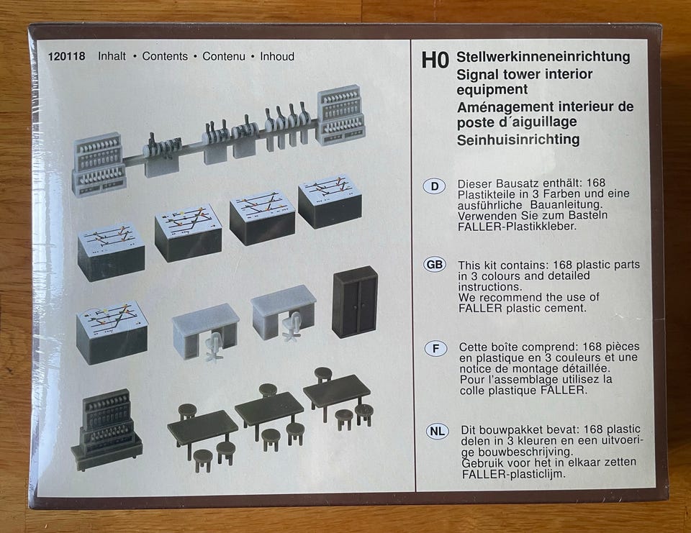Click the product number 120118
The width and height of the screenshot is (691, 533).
pos(67,56)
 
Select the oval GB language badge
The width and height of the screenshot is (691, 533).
pos(435,264)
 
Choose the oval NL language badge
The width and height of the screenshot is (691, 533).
pos(437,432)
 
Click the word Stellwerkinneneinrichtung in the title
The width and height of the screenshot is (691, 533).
pos(543,57)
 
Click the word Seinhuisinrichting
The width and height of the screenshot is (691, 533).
pos(518,140)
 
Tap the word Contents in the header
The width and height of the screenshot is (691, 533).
pos(165,56)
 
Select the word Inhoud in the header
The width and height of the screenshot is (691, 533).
pos(277,56)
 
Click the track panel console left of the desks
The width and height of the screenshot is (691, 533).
pos(112,331)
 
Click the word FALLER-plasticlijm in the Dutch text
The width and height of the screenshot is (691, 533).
pos(513,474)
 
